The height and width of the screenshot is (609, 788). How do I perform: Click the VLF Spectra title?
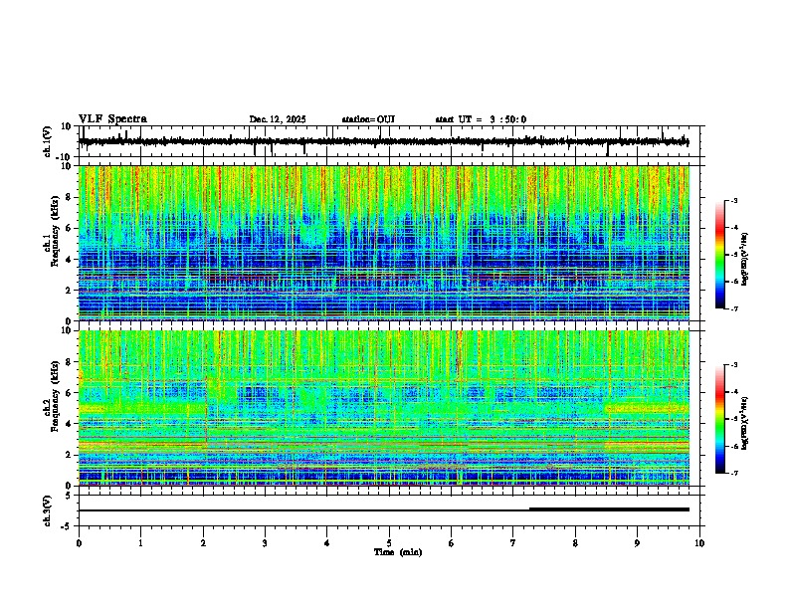[112, 119]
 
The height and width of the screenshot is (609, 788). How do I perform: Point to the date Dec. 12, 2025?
[278, 119]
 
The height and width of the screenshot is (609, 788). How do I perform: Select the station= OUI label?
[368, 119]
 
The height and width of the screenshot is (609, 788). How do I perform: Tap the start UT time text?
[481, 119]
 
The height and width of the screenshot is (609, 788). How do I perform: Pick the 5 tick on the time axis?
[389, 542]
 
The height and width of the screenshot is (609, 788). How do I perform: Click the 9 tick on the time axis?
[638, 542]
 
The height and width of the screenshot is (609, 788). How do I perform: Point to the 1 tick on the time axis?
[140, 542]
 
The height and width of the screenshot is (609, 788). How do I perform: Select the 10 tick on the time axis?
[699, 542]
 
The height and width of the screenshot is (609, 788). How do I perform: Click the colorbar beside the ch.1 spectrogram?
[720, 255]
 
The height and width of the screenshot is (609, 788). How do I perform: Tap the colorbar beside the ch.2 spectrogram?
[720, 419]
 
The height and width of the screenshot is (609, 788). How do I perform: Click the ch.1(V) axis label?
[48, 142]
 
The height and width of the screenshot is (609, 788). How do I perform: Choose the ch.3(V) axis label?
[48, 509]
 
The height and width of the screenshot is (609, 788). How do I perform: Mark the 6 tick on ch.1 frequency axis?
[69, 228]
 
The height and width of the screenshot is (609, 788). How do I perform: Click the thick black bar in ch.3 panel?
[609, 509]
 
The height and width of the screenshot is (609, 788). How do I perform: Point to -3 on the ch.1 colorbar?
[734, 202]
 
